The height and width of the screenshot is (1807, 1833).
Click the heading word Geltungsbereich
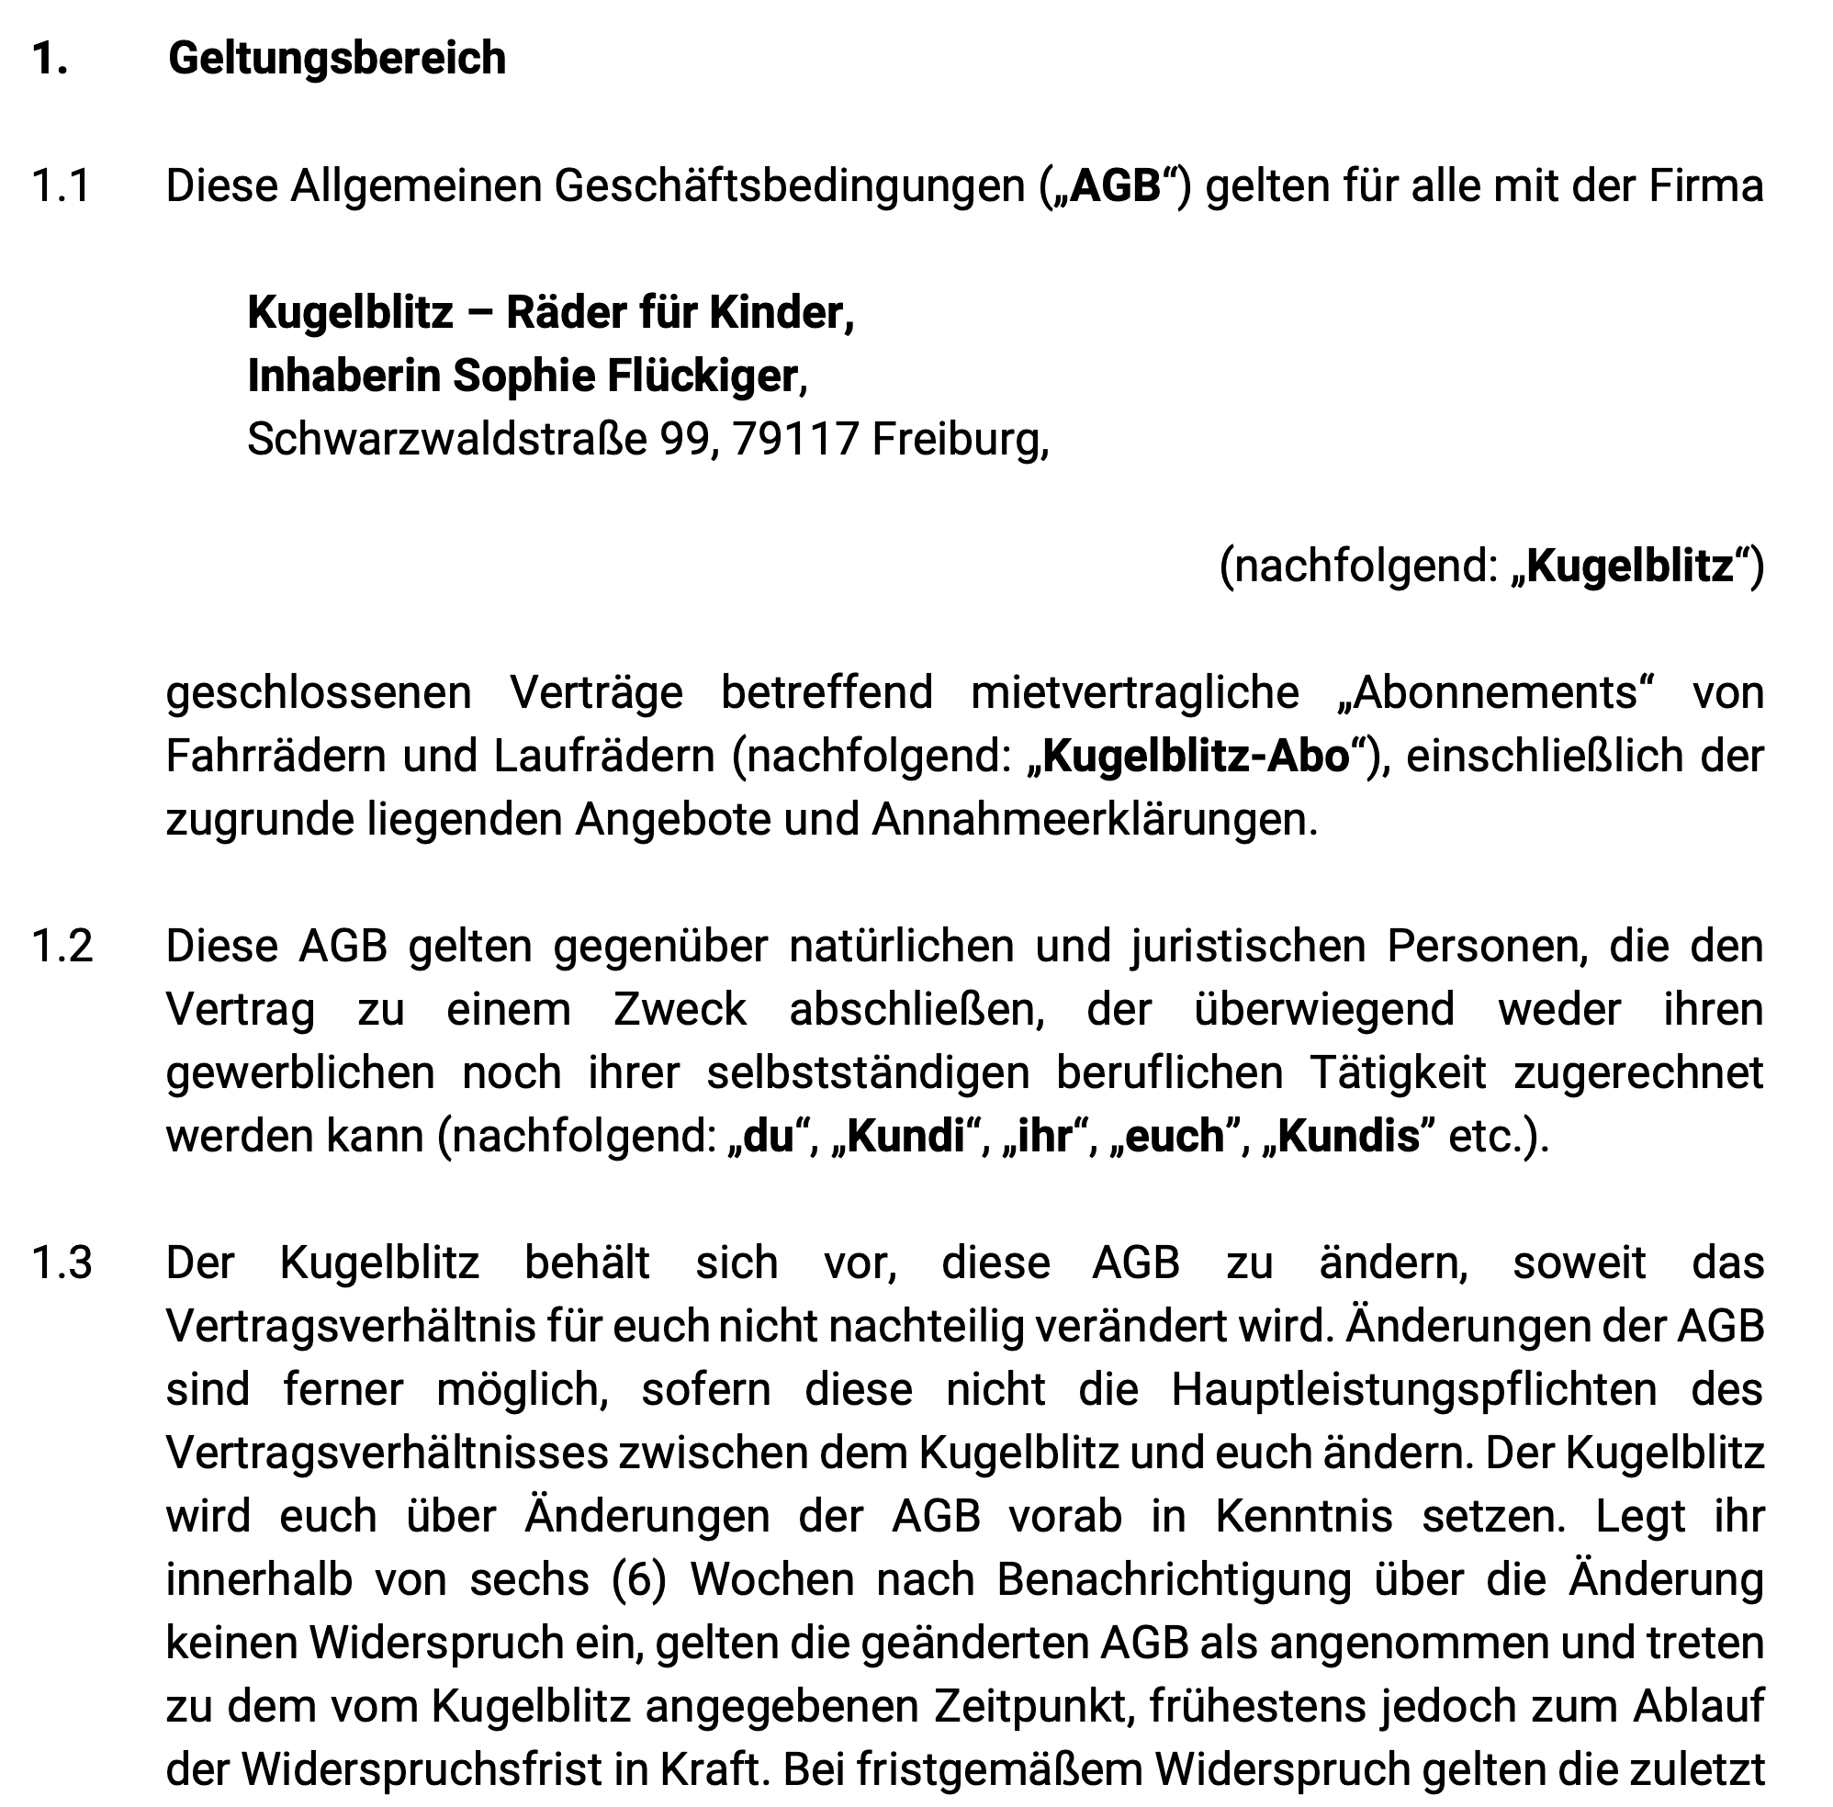[337, 59]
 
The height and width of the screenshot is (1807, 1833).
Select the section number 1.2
[62, 947]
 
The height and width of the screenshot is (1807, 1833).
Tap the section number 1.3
[62, 1263]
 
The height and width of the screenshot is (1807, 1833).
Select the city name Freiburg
[959, 439]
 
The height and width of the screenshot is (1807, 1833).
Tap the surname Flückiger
[703, 376]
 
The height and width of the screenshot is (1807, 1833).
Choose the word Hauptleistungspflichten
[1413, 1389]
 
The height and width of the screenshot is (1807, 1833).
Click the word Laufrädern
[603, 757]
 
